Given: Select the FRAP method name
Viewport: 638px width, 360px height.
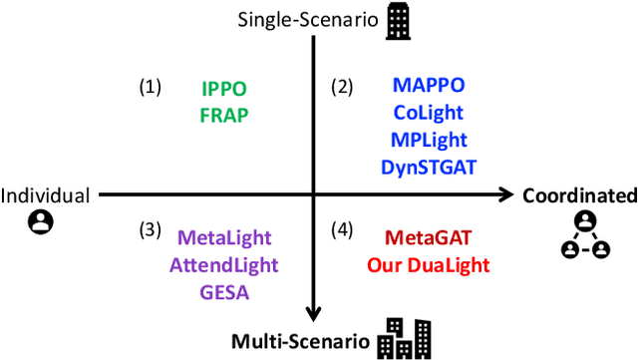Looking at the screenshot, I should (223, 114).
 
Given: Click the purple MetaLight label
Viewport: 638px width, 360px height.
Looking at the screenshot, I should (227, 239).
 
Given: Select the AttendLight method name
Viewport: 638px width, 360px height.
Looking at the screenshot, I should (227, 265).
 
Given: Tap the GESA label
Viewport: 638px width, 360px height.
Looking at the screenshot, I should (227, 291).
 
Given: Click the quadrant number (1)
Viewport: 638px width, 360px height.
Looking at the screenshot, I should (150, 88).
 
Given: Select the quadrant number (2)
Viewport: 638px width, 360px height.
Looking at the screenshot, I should (342, 88).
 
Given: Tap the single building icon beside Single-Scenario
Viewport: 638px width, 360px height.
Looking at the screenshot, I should (398, 22).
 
